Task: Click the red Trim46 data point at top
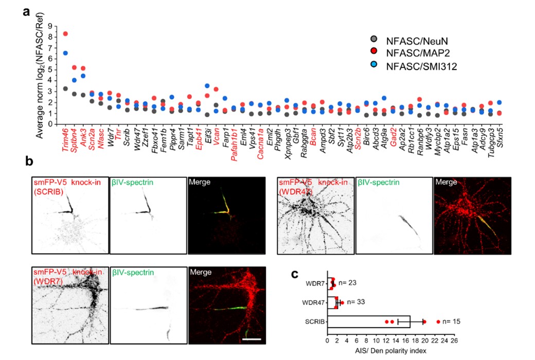click(x=65, y=34)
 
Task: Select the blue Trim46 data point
click(x=65, y=53)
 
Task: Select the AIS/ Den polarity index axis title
click(x=390, y=351)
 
